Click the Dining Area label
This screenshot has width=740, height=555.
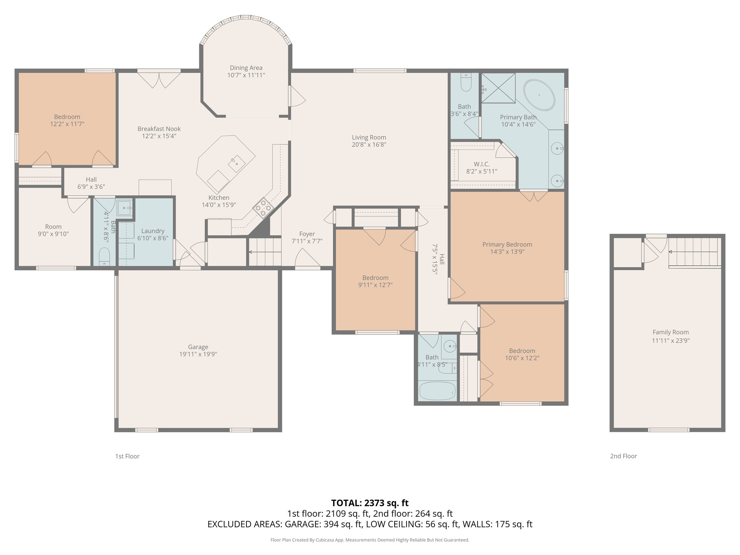coord(246,68)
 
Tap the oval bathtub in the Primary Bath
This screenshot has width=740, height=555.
coord(539,95)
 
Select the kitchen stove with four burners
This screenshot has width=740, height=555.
coord(263,208)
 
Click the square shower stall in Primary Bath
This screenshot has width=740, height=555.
coord(498,88)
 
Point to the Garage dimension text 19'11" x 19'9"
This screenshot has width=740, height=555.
coord(198,354)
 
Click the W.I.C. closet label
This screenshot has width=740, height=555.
coord(482,164)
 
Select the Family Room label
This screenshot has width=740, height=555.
coord(671,332)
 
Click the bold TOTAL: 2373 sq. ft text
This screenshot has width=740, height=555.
coord(370,503)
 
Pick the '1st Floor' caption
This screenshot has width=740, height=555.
coord(127,456)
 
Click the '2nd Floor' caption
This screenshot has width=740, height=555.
coord(623,456)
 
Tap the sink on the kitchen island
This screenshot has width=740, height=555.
coord(237,163)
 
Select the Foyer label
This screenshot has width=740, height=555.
coord(307,234)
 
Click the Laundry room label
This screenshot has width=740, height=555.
coord(153,231)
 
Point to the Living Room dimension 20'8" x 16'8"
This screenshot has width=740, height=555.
coord(369,145)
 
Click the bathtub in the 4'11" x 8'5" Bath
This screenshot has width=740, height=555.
coord(437,391)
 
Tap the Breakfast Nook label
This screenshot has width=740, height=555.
coord(159,129)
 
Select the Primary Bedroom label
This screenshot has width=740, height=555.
coord(507,245)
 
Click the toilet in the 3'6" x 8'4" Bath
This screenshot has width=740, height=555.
coord(466,83)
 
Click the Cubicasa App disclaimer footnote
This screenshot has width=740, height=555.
coord(370,540)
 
